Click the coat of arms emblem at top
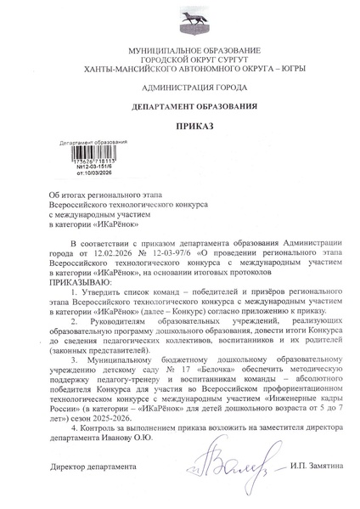point(179,24)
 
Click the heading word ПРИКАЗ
point(179,126)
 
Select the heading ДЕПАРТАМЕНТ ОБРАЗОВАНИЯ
point(179,106)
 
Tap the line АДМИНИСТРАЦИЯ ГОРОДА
point(179,88)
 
